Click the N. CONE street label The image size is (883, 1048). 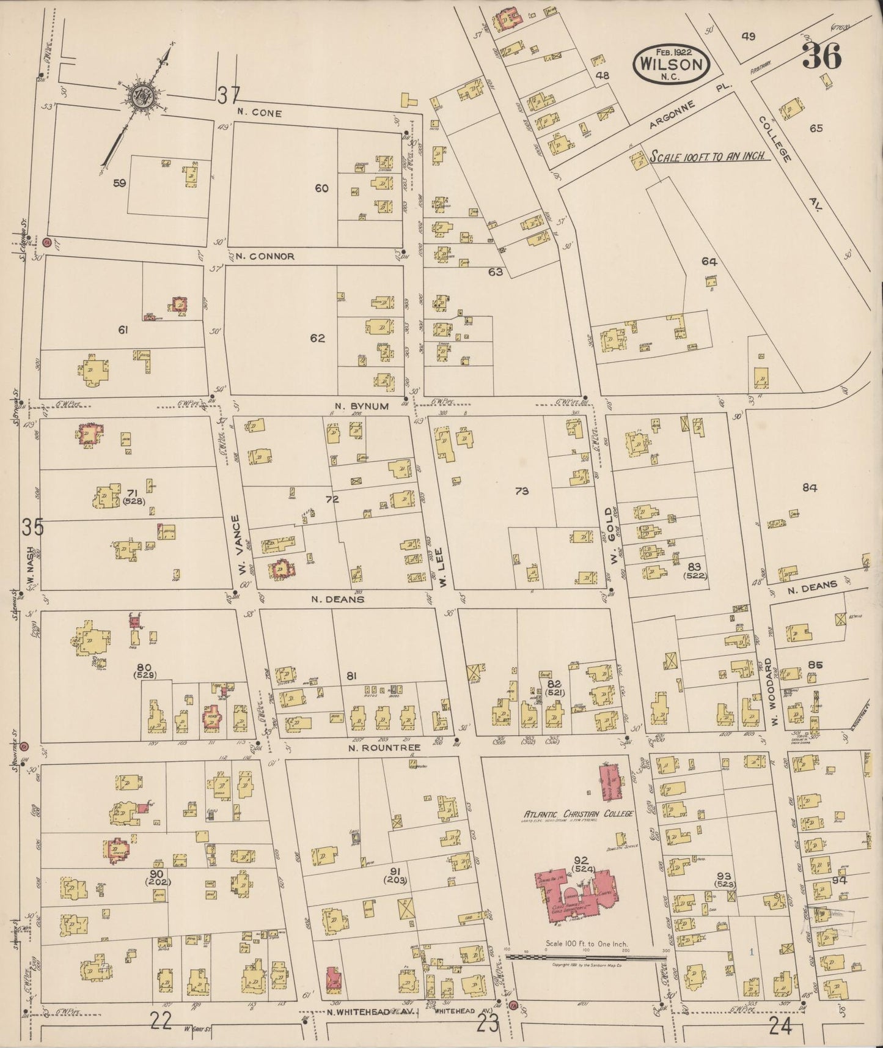(x=260, y=113)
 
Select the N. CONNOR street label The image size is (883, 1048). (x=265, y=256)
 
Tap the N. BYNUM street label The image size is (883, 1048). (x=362, y=405)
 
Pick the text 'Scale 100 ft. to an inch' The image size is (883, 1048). (x=709, y=157)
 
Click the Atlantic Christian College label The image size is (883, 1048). (x=577, y=813)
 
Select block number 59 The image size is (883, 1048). (x=119, y=183)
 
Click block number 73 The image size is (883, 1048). (x=521, y=490)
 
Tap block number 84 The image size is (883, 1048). (x=810, y=487)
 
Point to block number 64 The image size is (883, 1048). (x=709, y=262)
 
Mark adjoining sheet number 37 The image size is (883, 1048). (x=228, y=95)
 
